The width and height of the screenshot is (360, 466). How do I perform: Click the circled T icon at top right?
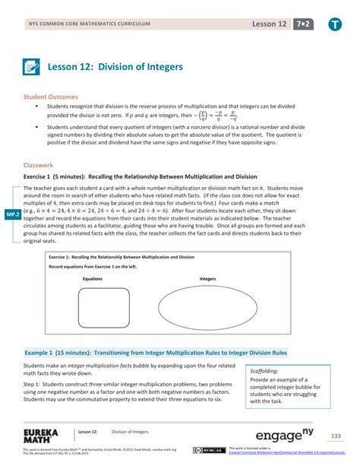coord(335,25)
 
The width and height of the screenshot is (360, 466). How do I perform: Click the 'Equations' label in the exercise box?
coord(93,279)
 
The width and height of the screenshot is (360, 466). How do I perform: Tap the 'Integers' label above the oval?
coord(208,279)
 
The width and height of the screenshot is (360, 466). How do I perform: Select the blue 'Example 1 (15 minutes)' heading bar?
coord(156,353)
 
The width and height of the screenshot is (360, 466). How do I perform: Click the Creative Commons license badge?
coord(204,450)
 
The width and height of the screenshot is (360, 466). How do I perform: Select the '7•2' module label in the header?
coord(305,24)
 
